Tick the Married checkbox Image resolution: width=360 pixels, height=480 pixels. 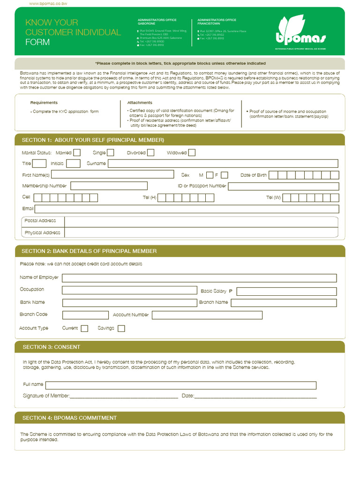[77, 152]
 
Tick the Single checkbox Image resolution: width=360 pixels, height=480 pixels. [111, 152]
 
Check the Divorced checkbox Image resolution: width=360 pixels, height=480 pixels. [151, 152]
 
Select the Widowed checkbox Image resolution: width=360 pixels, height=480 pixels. [192, 152]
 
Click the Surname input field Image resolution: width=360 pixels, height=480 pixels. [223, 164]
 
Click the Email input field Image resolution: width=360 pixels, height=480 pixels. [187, 209]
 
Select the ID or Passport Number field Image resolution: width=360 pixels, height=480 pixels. [284, 186]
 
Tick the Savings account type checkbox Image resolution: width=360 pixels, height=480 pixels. [121, 329]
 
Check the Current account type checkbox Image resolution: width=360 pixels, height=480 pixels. [84, 329]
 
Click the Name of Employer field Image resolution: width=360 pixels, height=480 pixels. [199, 278]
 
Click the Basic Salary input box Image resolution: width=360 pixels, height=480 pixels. [286, 291]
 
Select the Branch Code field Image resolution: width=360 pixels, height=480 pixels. [85, 315]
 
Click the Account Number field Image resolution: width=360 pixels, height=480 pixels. [207, 315]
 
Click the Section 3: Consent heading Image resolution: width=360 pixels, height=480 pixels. [51, 347]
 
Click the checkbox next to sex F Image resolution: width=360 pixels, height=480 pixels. [225, 175]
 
